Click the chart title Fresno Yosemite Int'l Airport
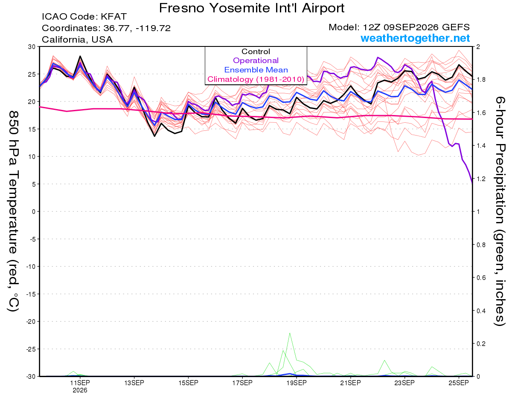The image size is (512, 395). [x=251, y=8]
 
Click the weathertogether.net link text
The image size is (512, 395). [x=415, y=38]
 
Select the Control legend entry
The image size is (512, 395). [x=256, y=52]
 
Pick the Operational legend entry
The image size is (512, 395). [x=256, y=61]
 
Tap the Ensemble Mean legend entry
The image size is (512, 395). [x=256, y=70]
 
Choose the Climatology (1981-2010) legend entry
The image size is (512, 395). [x=256, y=79]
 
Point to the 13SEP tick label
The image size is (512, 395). [x=134, y=383]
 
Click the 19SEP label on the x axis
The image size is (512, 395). [x=297, y=383]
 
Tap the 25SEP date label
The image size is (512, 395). [x=459, y=383]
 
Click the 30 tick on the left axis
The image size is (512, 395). [x=32, y=47]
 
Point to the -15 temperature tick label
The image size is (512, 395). [x=31, y=294]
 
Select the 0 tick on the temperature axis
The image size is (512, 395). [x=34, y=212]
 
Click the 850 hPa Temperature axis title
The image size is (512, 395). [x=13, y=211]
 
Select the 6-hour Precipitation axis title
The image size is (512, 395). [x=500, y=211]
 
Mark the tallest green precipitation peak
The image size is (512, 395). [x=290, y=333]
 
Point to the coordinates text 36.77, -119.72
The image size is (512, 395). [x=137, y=28]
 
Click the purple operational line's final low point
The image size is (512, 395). [x=472, y=183]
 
